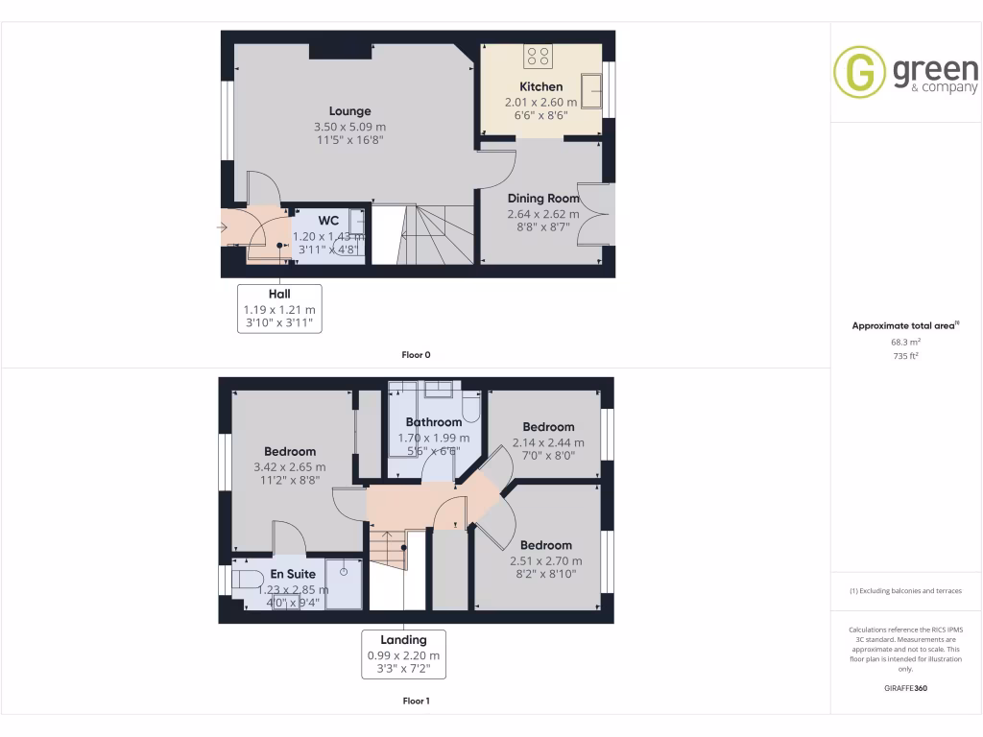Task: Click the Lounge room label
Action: point(349,111)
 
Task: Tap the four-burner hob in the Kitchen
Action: point(538,57)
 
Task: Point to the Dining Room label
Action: point(543,199)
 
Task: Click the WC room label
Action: point(328,221)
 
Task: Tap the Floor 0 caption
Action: point(416,355)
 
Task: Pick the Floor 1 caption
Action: point(416,701)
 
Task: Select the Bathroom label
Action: point(434,422)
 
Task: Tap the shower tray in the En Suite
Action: point(344,583)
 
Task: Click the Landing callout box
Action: point(403,654)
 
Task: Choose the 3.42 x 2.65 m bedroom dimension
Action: point(290,467)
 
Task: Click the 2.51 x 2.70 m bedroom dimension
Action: point(546,561)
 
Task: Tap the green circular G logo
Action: point(859,73)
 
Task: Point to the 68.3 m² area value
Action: point(905,342)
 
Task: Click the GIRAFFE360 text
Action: point(905,688)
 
